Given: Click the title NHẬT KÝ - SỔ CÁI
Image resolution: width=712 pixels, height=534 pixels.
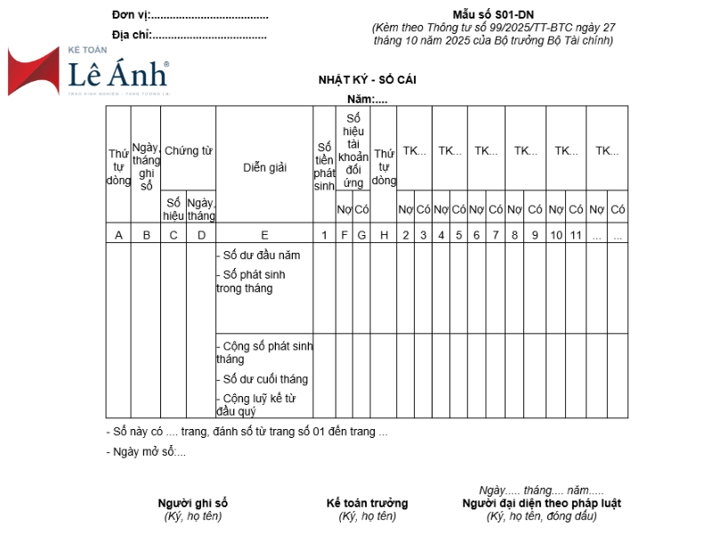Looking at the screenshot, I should click(x=368, y=80).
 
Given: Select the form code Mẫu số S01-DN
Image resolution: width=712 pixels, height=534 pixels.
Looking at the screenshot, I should click(x=493, y=15).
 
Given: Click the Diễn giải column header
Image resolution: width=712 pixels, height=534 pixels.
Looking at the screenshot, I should click(x=264, y=167).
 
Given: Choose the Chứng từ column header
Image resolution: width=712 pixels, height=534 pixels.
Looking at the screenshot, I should click(x=188, y=151).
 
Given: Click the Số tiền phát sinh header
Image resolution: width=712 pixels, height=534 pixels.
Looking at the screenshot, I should click(x=324, y=166).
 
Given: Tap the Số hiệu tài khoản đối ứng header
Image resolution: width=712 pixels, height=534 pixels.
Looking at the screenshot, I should click(x=353, y=150).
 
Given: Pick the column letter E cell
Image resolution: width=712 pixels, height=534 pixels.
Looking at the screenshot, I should click(x=264, y=235).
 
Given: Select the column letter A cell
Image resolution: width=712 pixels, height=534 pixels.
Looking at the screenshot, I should click(x=118, y=235).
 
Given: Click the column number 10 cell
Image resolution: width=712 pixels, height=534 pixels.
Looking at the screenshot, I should click(x=556, y=235).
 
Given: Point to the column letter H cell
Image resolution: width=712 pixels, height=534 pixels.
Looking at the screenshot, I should click(x=384, y=235).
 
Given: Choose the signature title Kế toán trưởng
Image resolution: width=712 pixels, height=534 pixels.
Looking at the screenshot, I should click(x=367, y=503).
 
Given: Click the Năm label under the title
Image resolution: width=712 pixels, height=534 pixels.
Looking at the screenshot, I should click(x=367, y=99).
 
